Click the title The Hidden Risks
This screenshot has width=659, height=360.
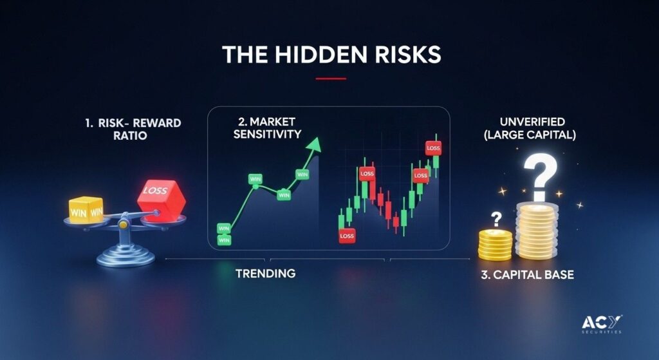point(331,55)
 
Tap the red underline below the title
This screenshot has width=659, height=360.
point(331,79)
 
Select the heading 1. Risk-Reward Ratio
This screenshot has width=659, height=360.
point(133,129)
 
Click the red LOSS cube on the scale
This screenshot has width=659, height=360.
point(162,200)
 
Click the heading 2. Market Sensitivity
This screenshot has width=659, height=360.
point(267,128)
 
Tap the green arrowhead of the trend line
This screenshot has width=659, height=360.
point(314,144)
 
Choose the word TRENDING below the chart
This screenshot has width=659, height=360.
point(265,273)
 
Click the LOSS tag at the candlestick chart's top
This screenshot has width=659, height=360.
point(433,148)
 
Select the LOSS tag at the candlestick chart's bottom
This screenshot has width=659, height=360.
point(347,236)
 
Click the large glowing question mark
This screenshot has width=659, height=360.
point(540,176)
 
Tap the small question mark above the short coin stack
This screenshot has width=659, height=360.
point(496,220)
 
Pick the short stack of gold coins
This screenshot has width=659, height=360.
point(495,245)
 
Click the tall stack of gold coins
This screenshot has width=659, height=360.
point(537,231)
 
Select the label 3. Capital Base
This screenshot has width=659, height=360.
point(528,275)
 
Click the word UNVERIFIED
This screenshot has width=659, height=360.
point(532,122)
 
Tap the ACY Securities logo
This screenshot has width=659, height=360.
point(602,324)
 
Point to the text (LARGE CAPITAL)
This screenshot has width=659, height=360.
point(530,135)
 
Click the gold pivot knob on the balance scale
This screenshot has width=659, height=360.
point(123,225)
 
